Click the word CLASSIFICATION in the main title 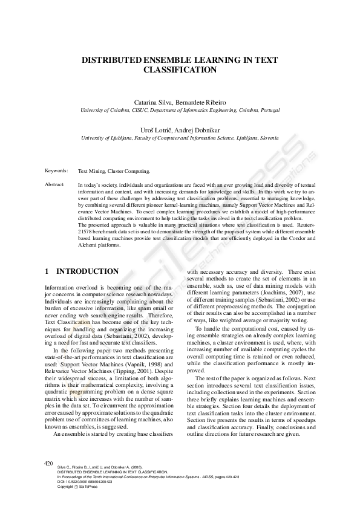point(180,70)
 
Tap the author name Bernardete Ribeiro point(201,102)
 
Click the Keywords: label point(57,171)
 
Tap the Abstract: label point(56,183)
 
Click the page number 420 point(50,462)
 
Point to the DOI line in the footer point(85,481)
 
